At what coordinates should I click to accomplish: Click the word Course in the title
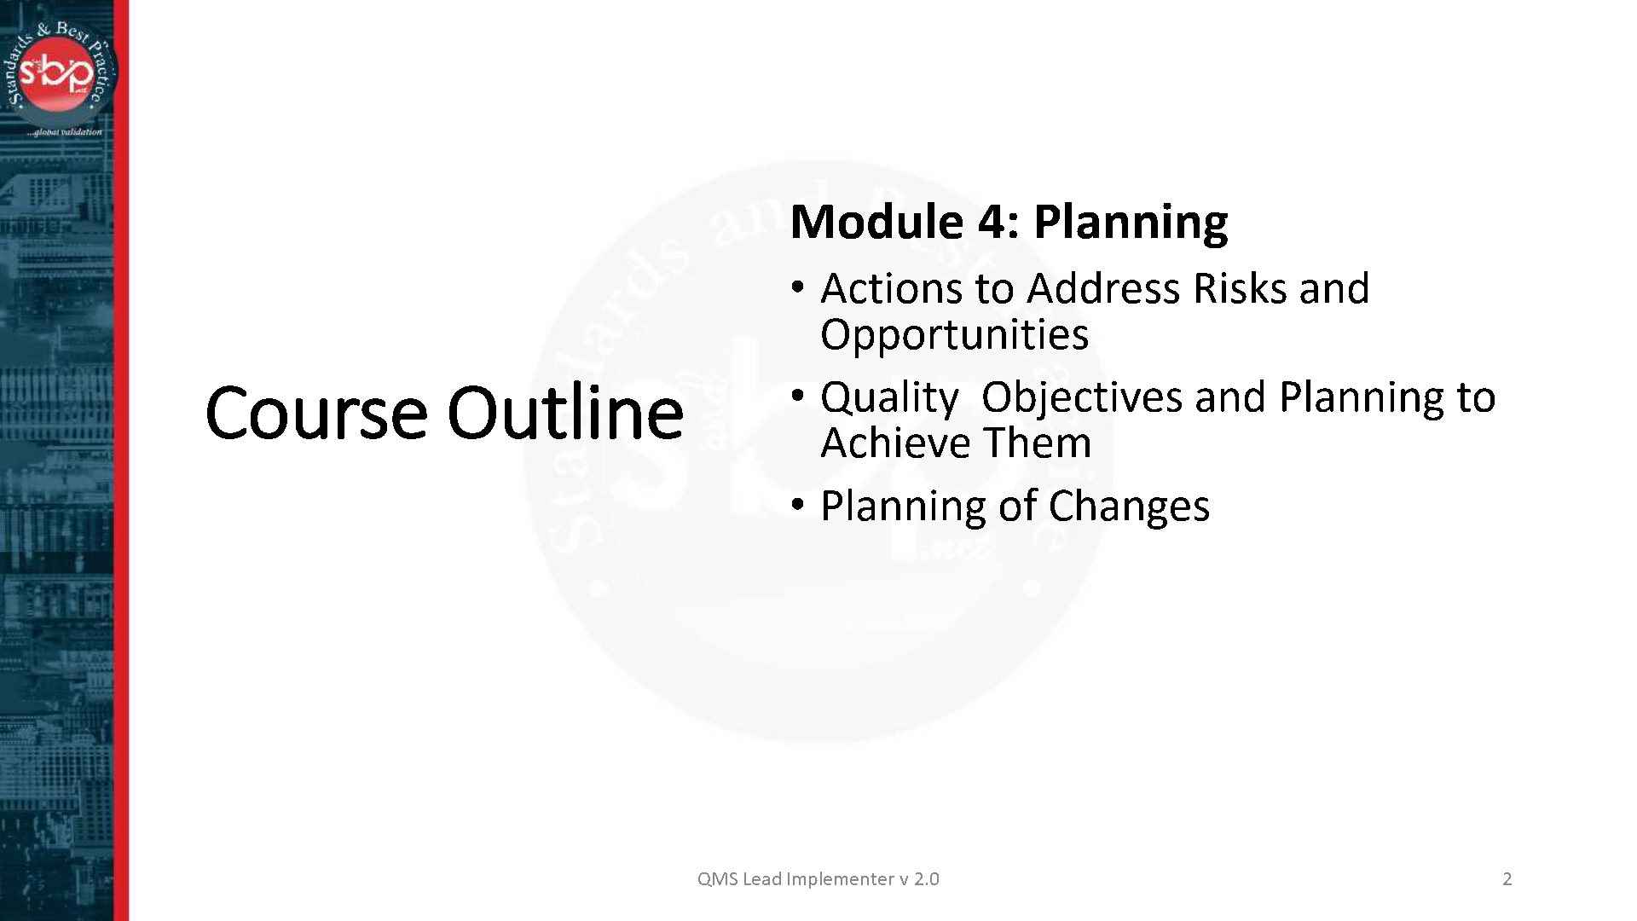coord(315,413)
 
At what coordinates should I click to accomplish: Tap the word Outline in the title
coord(564,413)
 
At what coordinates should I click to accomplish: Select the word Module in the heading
coord(876,222)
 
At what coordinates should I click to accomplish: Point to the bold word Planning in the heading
coord(1131,223)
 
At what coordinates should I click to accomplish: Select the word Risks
coord(1241,288)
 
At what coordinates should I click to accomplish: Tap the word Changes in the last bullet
coord(1129,506)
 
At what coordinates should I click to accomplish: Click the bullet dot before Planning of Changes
coord(797,505)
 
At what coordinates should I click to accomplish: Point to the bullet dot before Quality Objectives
coord(797,396)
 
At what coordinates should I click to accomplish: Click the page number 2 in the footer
coord(1507,879)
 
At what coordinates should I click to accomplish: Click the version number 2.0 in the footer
coord(926,879)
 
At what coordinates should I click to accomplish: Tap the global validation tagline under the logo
coord(64,132)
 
